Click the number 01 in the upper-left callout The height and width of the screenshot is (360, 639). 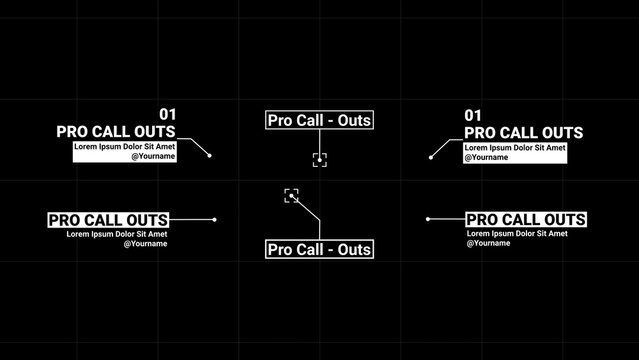(x=167, y=114)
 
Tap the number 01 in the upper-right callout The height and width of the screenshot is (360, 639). (x=473, y=115)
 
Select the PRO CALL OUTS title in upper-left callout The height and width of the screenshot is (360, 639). (x=116, y=132)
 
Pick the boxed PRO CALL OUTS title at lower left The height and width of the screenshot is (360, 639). (x=108, y=220)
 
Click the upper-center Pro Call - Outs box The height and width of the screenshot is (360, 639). (x=319, y=121)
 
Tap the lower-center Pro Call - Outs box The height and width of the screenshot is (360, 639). (x=319, y=249)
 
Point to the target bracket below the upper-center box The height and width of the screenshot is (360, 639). (x=320, y=159)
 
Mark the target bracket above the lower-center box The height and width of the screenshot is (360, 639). (x=292, y=195)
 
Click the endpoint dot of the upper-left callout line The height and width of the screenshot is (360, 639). (x=210, y=155)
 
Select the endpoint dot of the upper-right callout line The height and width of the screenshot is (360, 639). (x=431, y=157)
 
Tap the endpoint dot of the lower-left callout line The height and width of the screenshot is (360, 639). (x=214, y=219)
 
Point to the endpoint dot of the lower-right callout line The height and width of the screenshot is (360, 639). (x=427, y=219)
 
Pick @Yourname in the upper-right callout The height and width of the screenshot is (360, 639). (x=488, y=157)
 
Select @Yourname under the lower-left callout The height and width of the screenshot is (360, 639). (x=145, y=243)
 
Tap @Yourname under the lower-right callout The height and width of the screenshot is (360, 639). (x=489, y=243)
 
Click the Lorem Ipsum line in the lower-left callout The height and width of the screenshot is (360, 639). (x=117, y=233)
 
